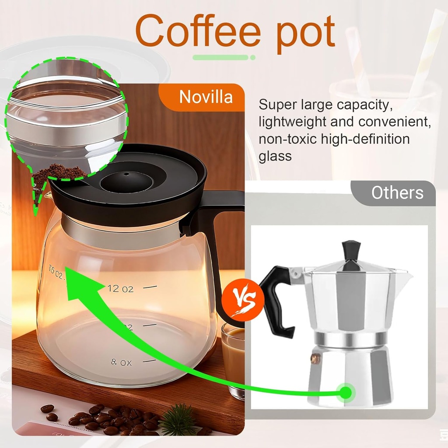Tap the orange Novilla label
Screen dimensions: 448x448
(206, 97)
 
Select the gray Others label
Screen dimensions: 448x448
(397, 192)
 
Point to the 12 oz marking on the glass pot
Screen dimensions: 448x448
(120, 289)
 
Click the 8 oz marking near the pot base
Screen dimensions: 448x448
(121, 362)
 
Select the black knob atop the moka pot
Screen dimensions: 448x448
(351, 250)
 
